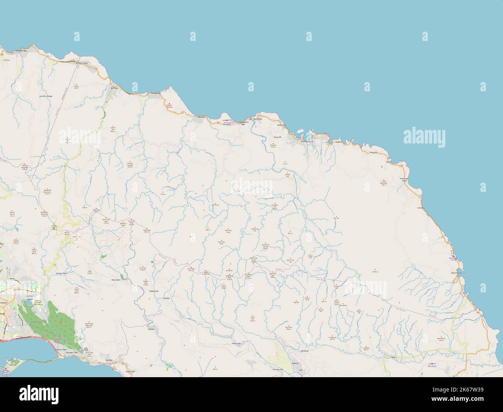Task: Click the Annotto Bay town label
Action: (21, 51)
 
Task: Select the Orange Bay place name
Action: (156, 93)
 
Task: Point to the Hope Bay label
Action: (200, 116)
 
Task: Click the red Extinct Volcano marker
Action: (169, 103)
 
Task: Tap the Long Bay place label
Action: (421, 208)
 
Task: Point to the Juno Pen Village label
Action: (46, 96)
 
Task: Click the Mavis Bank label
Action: (116, 279)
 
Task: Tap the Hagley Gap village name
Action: (154, 291)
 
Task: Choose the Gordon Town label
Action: (62, 273)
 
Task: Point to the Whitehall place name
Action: (305, 350)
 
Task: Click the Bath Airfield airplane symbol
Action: (432, 364)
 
